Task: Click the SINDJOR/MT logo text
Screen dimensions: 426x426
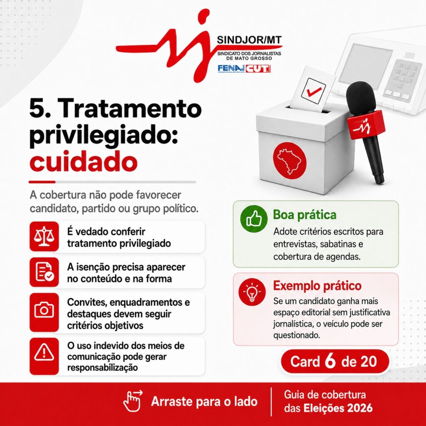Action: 250,41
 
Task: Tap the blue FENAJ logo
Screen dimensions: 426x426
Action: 231,69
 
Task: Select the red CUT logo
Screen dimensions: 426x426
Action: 258,69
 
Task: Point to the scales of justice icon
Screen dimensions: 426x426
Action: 44,236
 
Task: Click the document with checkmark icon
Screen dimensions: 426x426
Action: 44,272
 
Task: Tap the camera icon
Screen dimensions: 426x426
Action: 44,310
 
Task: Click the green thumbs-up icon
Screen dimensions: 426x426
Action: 254,219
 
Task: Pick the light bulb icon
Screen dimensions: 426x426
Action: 252,292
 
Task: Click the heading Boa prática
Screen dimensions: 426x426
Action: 305,215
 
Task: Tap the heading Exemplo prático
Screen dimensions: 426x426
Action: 317,285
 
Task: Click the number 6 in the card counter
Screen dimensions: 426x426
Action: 330,361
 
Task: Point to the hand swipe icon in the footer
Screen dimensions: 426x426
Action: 133,401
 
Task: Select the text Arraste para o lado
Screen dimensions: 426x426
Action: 204,401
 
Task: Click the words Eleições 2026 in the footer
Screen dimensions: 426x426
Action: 338,408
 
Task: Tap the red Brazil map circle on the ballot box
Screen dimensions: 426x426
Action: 290,160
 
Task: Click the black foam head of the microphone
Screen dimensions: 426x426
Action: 361,98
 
